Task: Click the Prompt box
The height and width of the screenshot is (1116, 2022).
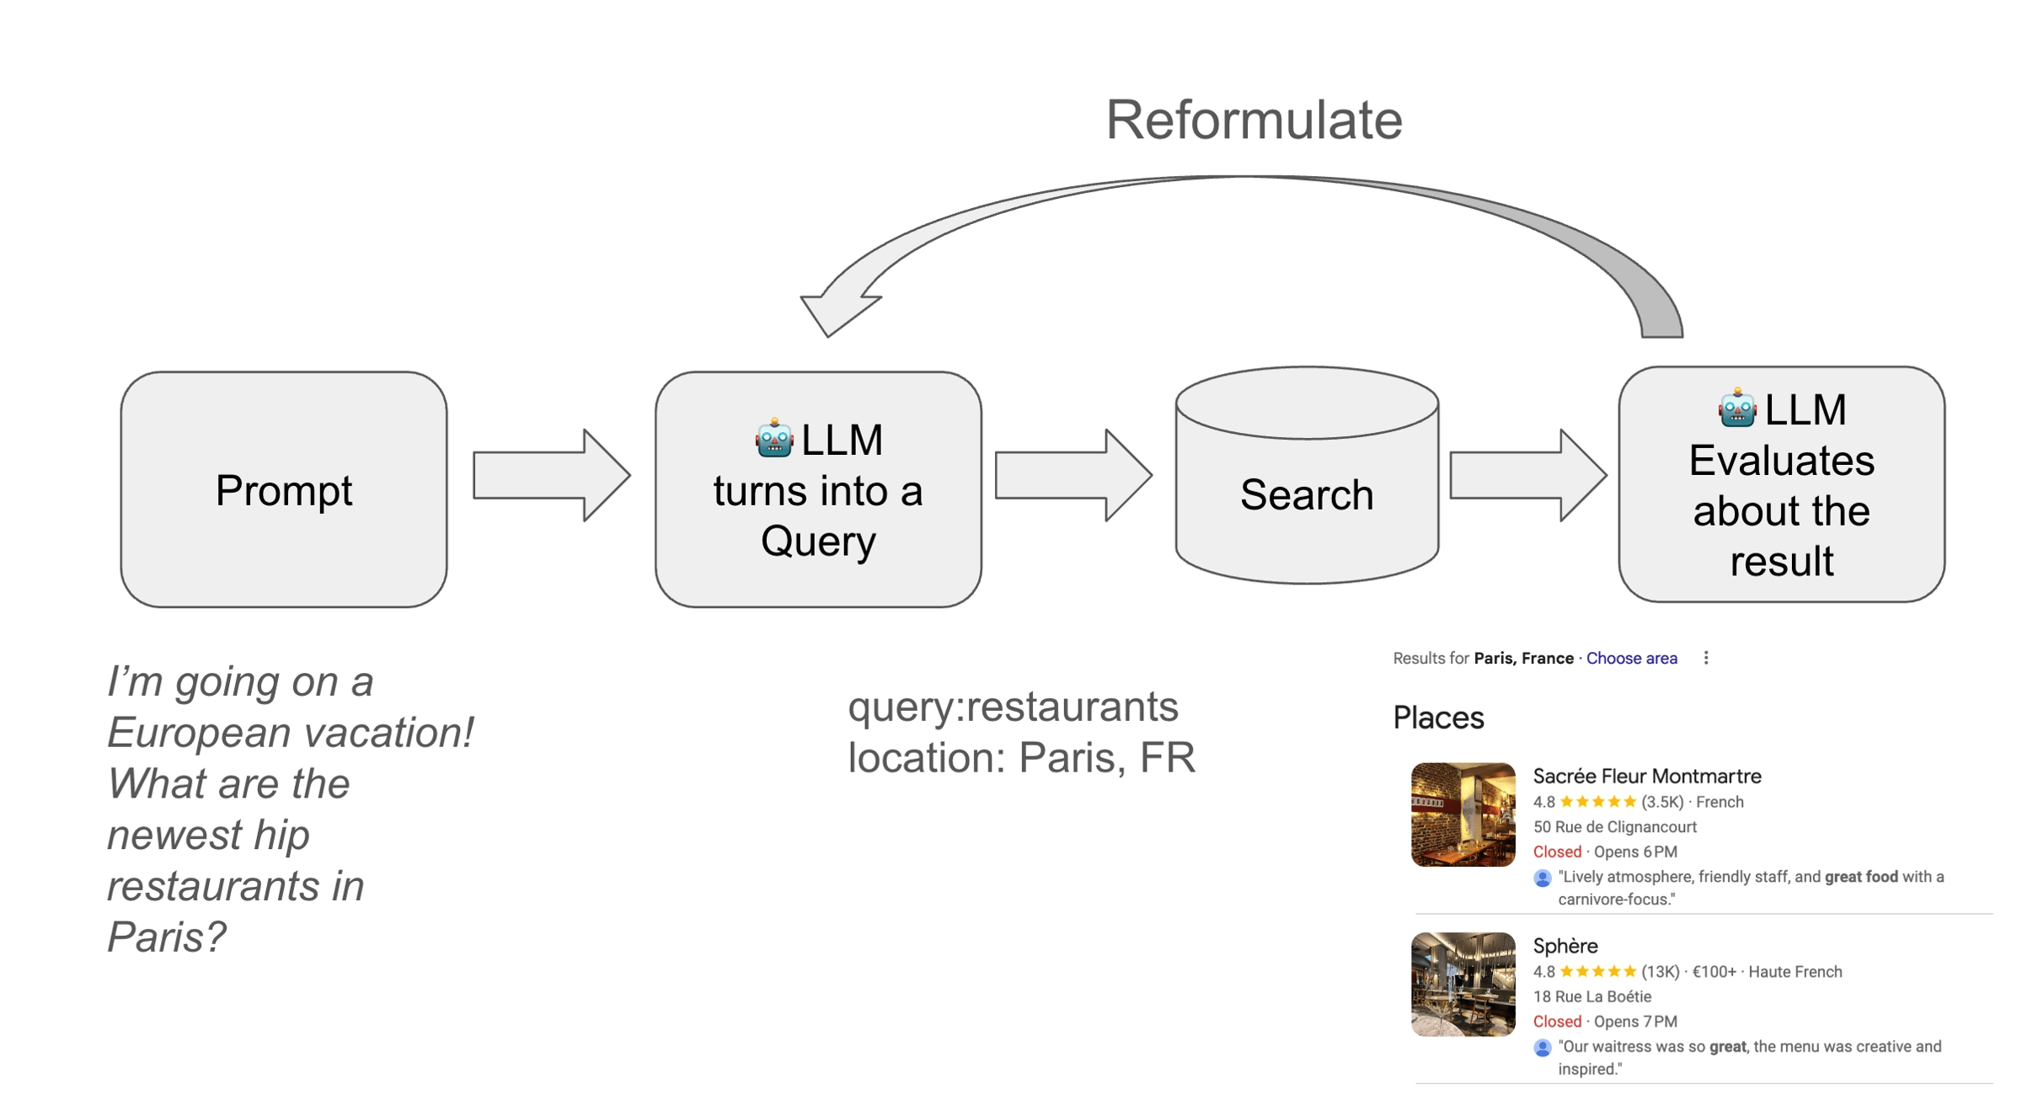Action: (283, 489)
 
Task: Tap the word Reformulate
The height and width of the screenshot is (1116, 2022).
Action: (1254, 120)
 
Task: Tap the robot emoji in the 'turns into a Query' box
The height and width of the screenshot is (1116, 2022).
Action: (773, 439)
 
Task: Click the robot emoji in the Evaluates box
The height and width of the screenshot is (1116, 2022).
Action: (1737, 408)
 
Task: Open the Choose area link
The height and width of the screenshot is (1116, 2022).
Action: (1631, 659)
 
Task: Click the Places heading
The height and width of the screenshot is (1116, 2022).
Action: (1438, 718)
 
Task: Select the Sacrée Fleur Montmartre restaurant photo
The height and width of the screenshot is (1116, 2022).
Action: (1463, 814)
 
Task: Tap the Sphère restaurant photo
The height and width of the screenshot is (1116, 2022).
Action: (1463, 984)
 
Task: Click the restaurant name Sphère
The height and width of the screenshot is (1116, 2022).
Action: (1565, 945)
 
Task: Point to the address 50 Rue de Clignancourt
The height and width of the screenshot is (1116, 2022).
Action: (1614, 827)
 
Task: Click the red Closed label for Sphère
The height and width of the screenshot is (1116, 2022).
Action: (1557, 1022)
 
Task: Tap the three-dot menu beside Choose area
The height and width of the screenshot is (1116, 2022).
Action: (1706, 658)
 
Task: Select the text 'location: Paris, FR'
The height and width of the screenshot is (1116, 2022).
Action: (1021, 757)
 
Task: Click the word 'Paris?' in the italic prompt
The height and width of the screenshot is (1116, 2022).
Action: (167, 937)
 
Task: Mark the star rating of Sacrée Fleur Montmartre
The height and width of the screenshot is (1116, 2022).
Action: (1597, 802)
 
